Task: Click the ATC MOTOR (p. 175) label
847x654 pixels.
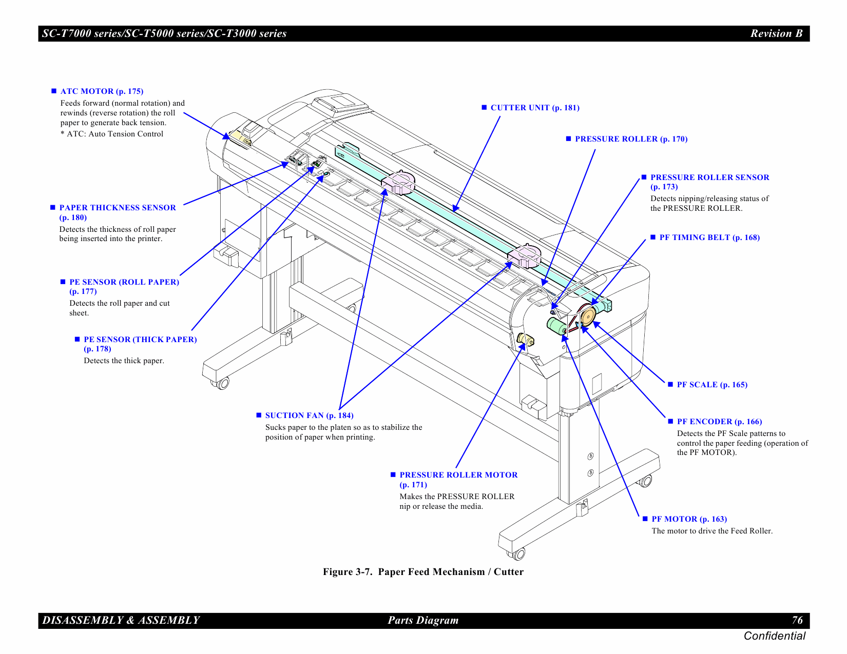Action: [x=102, y=91]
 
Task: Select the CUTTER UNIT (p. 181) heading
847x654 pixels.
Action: [x=534, y=108]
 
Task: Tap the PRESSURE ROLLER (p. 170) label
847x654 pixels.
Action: [x=631, y=139]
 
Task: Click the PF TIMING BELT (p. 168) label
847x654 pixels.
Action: [x=709, y=237]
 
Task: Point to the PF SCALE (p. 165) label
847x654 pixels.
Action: [x=711, y=385]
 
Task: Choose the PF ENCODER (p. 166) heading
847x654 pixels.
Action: [x=719, y=422]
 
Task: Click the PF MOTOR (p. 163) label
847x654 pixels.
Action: [x=689, y=519]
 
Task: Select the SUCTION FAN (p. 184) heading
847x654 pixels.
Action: [x=309, y=415]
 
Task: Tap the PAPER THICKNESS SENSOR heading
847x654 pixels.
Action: [x=117, y=208]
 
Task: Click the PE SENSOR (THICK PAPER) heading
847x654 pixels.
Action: [x=140, y=340]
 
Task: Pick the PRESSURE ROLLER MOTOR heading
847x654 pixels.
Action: [x=458, y=475]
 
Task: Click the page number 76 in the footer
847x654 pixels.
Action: [x=797, y=620]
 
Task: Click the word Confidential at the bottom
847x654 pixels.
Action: [x=774, y=636]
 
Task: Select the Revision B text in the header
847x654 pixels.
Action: [x=776, y=33]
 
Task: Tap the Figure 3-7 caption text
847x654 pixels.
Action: [x=423, y=572]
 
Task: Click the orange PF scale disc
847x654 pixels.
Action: [x=588, y=316]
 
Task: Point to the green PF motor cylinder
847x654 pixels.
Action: [x=556, y=326]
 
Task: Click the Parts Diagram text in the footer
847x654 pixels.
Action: [x=423, y=620]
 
